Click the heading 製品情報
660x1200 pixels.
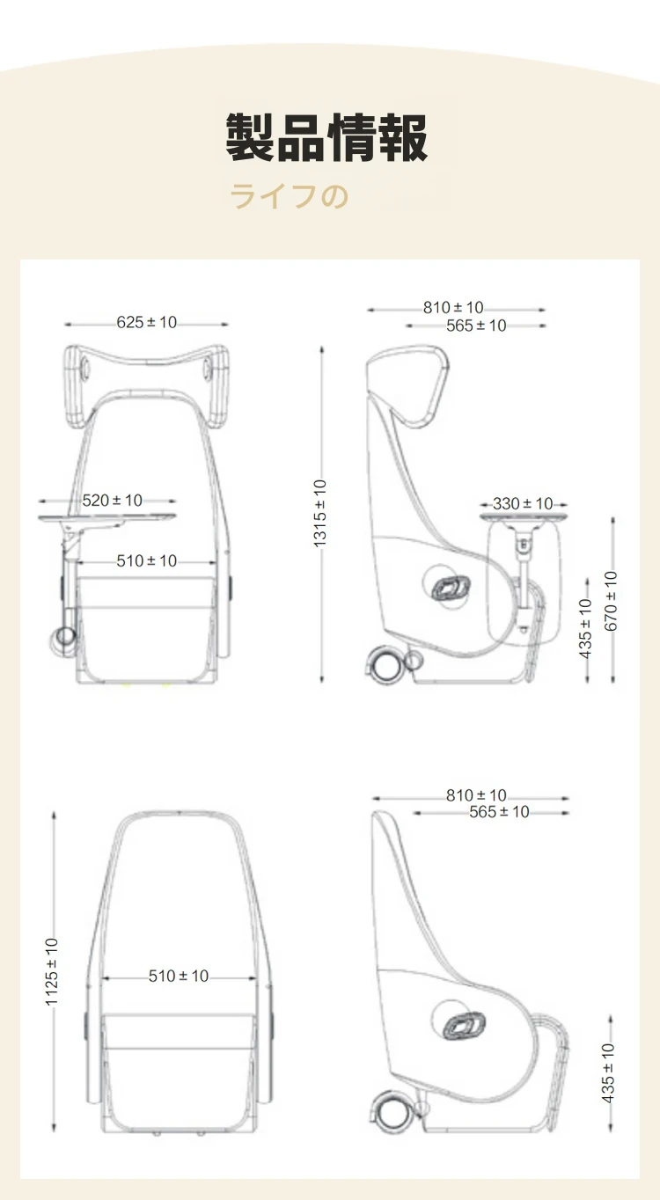(326, 137)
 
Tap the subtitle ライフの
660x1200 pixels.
(290, 195)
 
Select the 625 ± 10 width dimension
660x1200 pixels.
(146, 323)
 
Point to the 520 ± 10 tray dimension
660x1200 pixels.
(112, 501)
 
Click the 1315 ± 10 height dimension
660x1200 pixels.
(319, 514)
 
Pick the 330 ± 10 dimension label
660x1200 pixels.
(523, 503)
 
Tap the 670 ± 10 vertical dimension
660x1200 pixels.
(611, 601)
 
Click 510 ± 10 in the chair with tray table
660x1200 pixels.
(146, 561)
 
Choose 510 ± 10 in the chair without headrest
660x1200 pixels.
(179, 976)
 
